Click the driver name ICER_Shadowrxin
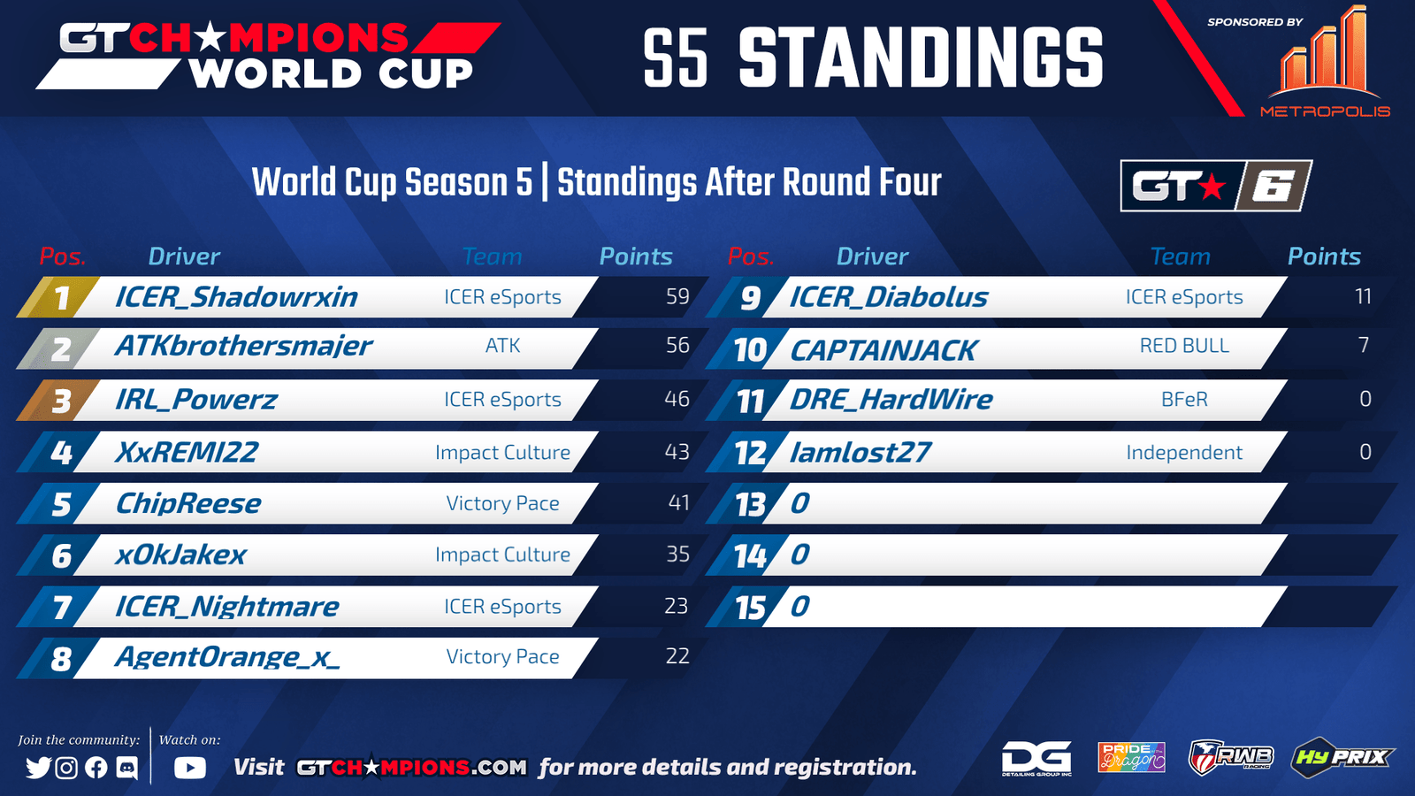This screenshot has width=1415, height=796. [236, 297]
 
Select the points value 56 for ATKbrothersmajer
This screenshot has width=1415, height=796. [677, 345]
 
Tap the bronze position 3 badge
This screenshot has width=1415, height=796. [60, 401]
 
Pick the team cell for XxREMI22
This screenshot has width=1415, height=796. [503, 452]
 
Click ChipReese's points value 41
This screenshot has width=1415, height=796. [678, 503]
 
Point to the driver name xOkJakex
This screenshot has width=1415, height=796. [180, 555]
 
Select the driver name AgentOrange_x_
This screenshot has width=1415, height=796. [226, 657]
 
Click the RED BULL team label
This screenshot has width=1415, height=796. [1184, 346]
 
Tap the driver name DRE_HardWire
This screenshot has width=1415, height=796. [891, 399]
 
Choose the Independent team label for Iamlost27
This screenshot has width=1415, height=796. [1184, 452]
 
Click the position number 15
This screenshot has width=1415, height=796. [751, 608]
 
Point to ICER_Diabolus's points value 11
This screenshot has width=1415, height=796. [1363, 296]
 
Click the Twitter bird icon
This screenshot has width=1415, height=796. [39, 768]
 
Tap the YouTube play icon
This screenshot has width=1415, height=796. [189, 768]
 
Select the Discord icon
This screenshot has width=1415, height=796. [127, 768]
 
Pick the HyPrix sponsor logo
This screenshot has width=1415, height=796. [1341, 757]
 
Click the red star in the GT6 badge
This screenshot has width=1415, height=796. [1212, 187]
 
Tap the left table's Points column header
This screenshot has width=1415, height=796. [636, 256]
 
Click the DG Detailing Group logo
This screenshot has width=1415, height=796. [1036, 758]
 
